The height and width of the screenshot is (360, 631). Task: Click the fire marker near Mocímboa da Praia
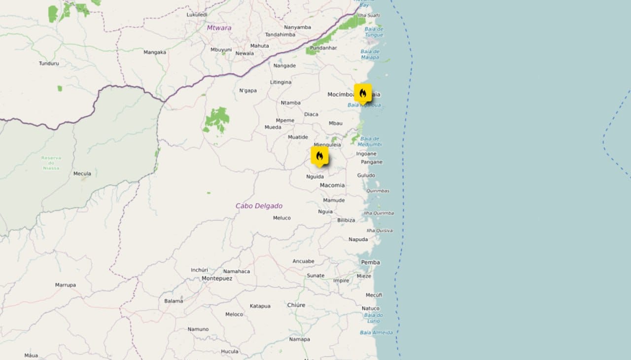pos(363,93)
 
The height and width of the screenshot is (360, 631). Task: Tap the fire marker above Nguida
pos(319,156)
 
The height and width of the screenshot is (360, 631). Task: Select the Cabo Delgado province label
pos(259,206)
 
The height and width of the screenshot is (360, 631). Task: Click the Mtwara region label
pos(219,28)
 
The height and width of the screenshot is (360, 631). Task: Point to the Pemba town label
pos(370,262)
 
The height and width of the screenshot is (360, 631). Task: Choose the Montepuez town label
pos(217,279)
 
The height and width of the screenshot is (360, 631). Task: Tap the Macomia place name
pos(332,185)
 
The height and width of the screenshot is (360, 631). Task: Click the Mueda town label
pos(273,127)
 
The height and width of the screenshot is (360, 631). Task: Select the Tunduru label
pos(49,63)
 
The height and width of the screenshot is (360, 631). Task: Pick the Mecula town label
pos(82,174)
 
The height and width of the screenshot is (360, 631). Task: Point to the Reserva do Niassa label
pos(51,163)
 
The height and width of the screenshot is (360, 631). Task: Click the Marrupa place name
pos(66,285)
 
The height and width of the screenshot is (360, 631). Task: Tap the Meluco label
pos(282,218)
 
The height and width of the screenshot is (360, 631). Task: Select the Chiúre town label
pos(296,305)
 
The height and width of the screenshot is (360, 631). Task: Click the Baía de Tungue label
pos(374,32)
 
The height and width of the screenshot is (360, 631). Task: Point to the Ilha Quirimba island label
pos(379,213)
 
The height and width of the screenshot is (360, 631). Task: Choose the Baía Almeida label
pos(377,332)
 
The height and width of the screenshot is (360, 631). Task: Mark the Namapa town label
pos(300,339)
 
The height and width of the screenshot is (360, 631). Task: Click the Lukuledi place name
pos(197,15)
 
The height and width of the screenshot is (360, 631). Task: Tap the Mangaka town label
pos(155,52)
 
